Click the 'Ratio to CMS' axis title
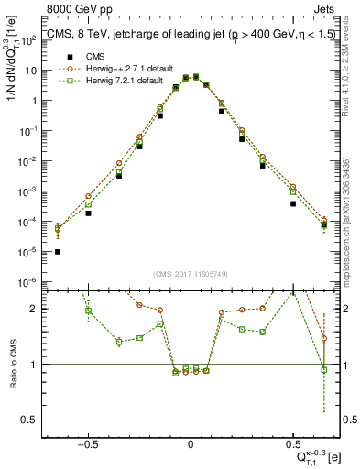pos(12,365)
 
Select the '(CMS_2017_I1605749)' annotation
pos(191,274)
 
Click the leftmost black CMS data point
pos(58,252)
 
